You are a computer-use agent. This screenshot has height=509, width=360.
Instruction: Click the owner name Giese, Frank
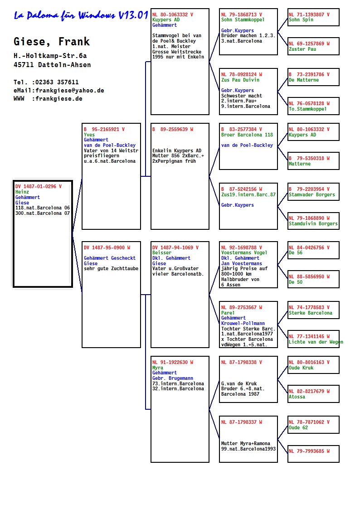pos(52,42)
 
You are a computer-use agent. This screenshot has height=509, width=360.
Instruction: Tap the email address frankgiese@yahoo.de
pos(70,91)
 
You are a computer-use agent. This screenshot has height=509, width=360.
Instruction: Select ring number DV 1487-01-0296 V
pos(38,186)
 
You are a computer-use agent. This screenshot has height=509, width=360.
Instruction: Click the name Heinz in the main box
pos(22,192)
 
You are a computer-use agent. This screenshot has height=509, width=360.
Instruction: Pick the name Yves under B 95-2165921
pos(89,135)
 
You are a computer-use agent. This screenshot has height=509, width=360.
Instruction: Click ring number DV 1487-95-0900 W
pos(107,247)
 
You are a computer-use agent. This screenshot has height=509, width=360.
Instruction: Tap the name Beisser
pos(162,252)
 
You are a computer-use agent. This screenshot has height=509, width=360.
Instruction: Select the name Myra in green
pos(158,368)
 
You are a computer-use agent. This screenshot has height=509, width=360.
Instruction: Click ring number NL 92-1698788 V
pos(242,247)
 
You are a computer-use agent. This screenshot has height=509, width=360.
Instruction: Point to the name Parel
pos(228,313)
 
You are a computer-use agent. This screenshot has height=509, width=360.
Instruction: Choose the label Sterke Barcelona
pos(310,313)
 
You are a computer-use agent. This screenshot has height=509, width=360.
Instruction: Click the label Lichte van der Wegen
pos(316,342)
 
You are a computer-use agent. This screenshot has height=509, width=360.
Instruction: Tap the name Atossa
pos(297,397)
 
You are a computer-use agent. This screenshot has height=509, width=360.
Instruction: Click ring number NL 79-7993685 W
pos(309,451)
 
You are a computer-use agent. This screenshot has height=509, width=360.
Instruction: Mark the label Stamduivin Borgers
pos(313,223)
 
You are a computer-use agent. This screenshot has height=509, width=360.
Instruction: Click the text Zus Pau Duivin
pos(240,80)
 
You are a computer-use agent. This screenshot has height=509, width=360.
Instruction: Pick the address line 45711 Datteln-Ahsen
pos(52,65)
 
